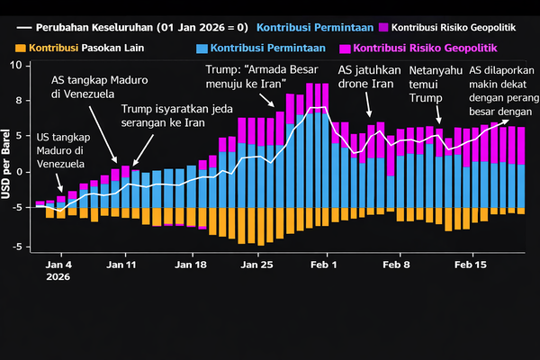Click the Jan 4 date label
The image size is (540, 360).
[x=58, y=265]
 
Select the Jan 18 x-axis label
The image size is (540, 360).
[x=190, y=265]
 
